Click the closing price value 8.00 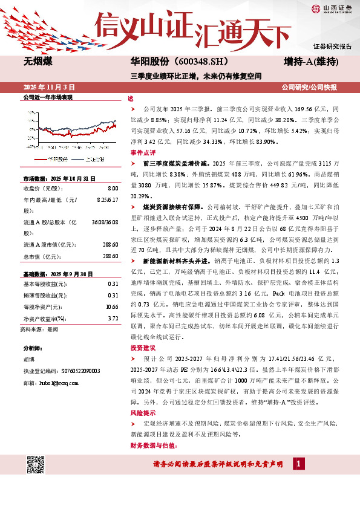coord(113,189)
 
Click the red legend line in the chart coord(40,159)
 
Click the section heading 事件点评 coord(143,152)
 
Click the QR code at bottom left coord(38,464)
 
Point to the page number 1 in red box coord(298,463)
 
